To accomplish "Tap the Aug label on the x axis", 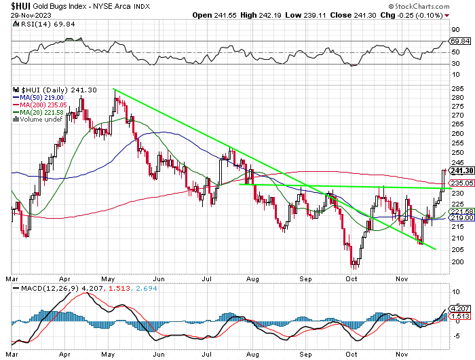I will pos(252,278).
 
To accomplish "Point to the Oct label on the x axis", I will pos(353,278).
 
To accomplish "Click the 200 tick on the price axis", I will pos(456,262).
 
